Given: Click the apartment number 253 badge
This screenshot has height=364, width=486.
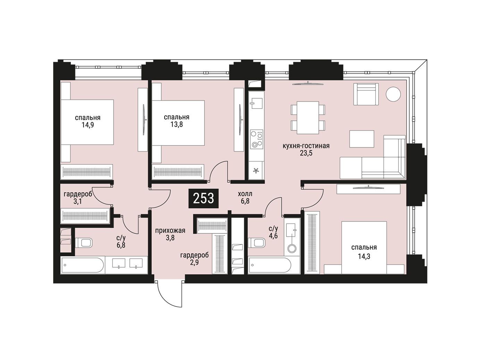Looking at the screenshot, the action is pos(203,198).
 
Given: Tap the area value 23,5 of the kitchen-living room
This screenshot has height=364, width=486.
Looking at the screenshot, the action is pos(306,153).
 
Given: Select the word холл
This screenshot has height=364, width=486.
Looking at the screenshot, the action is pos(245,194).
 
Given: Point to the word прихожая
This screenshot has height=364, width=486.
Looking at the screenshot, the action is pos(170,231).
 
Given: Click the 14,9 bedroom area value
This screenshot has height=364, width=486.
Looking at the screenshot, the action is pos(88,125).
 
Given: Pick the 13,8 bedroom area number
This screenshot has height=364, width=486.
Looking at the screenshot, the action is pos(176,124).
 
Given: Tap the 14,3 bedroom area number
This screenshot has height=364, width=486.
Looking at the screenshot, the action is pos(364,257).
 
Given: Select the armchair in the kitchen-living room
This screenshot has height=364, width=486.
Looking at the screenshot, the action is pos(366,94).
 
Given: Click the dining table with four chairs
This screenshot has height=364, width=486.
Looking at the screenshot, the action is pos(308,118).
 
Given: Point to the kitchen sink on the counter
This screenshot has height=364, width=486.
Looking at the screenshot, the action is pos(256,103).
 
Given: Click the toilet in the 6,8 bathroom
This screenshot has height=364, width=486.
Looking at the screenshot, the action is pos(84,243).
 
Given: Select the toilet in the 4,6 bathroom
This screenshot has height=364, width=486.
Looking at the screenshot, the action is pos(257,243).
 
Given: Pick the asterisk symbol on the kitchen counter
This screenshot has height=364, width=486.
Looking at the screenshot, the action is pos(256,171).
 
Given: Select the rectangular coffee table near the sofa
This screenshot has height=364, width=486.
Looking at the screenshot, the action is pos(362,139).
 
